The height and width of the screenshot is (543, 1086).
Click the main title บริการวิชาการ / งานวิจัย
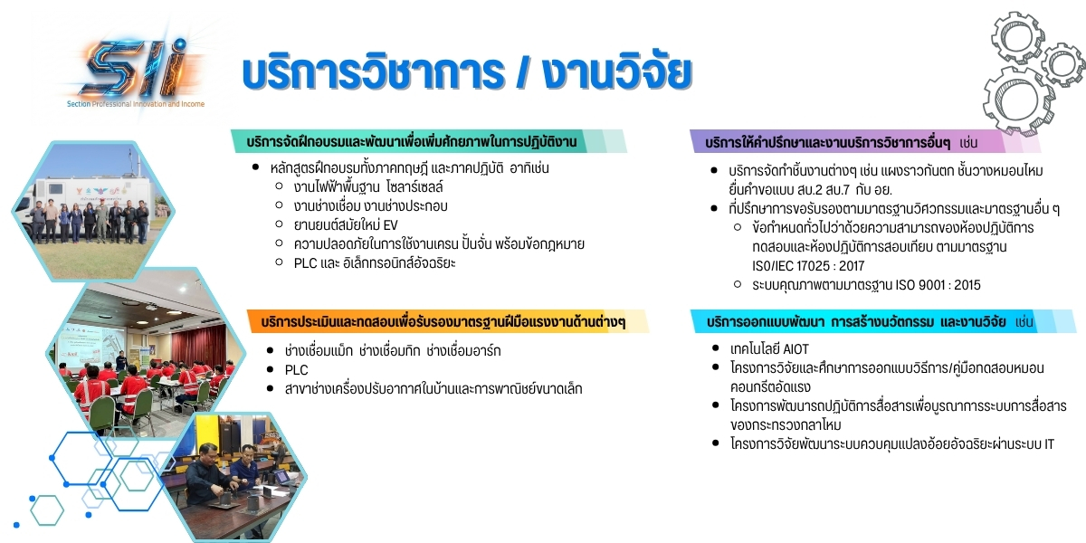pos(467,72)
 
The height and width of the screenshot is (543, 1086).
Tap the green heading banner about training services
pos(429,141)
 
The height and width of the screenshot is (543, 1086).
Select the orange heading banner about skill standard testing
pos(448,321)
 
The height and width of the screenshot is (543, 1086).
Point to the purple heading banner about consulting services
pos(865,142)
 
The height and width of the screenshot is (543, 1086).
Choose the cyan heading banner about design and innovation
pos(883,321)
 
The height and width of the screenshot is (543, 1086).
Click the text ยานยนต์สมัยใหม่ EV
pos(346,225)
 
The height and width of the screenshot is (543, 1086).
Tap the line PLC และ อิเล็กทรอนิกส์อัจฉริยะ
pos(375,263)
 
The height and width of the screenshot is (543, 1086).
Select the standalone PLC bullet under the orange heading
pos(296,370)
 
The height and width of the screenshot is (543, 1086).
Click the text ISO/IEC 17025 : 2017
pos(808,266)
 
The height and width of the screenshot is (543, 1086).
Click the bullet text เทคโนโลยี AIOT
pos(769,349)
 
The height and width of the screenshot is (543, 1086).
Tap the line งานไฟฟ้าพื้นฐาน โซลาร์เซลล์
pos(368,186)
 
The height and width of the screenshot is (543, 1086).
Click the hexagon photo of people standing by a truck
pos(93,211)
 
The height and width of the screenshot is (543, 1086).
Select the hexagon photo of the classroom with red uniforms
pos(146,352)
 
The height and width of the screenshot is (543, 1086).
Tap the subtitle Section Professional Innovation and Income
pos(136,104)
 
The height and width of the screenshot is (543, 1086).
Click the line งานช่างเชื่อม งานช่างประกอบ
pos(370,206)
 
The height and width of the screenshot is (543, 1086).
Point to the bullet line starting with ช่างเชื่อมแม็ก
pos(393,350)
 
